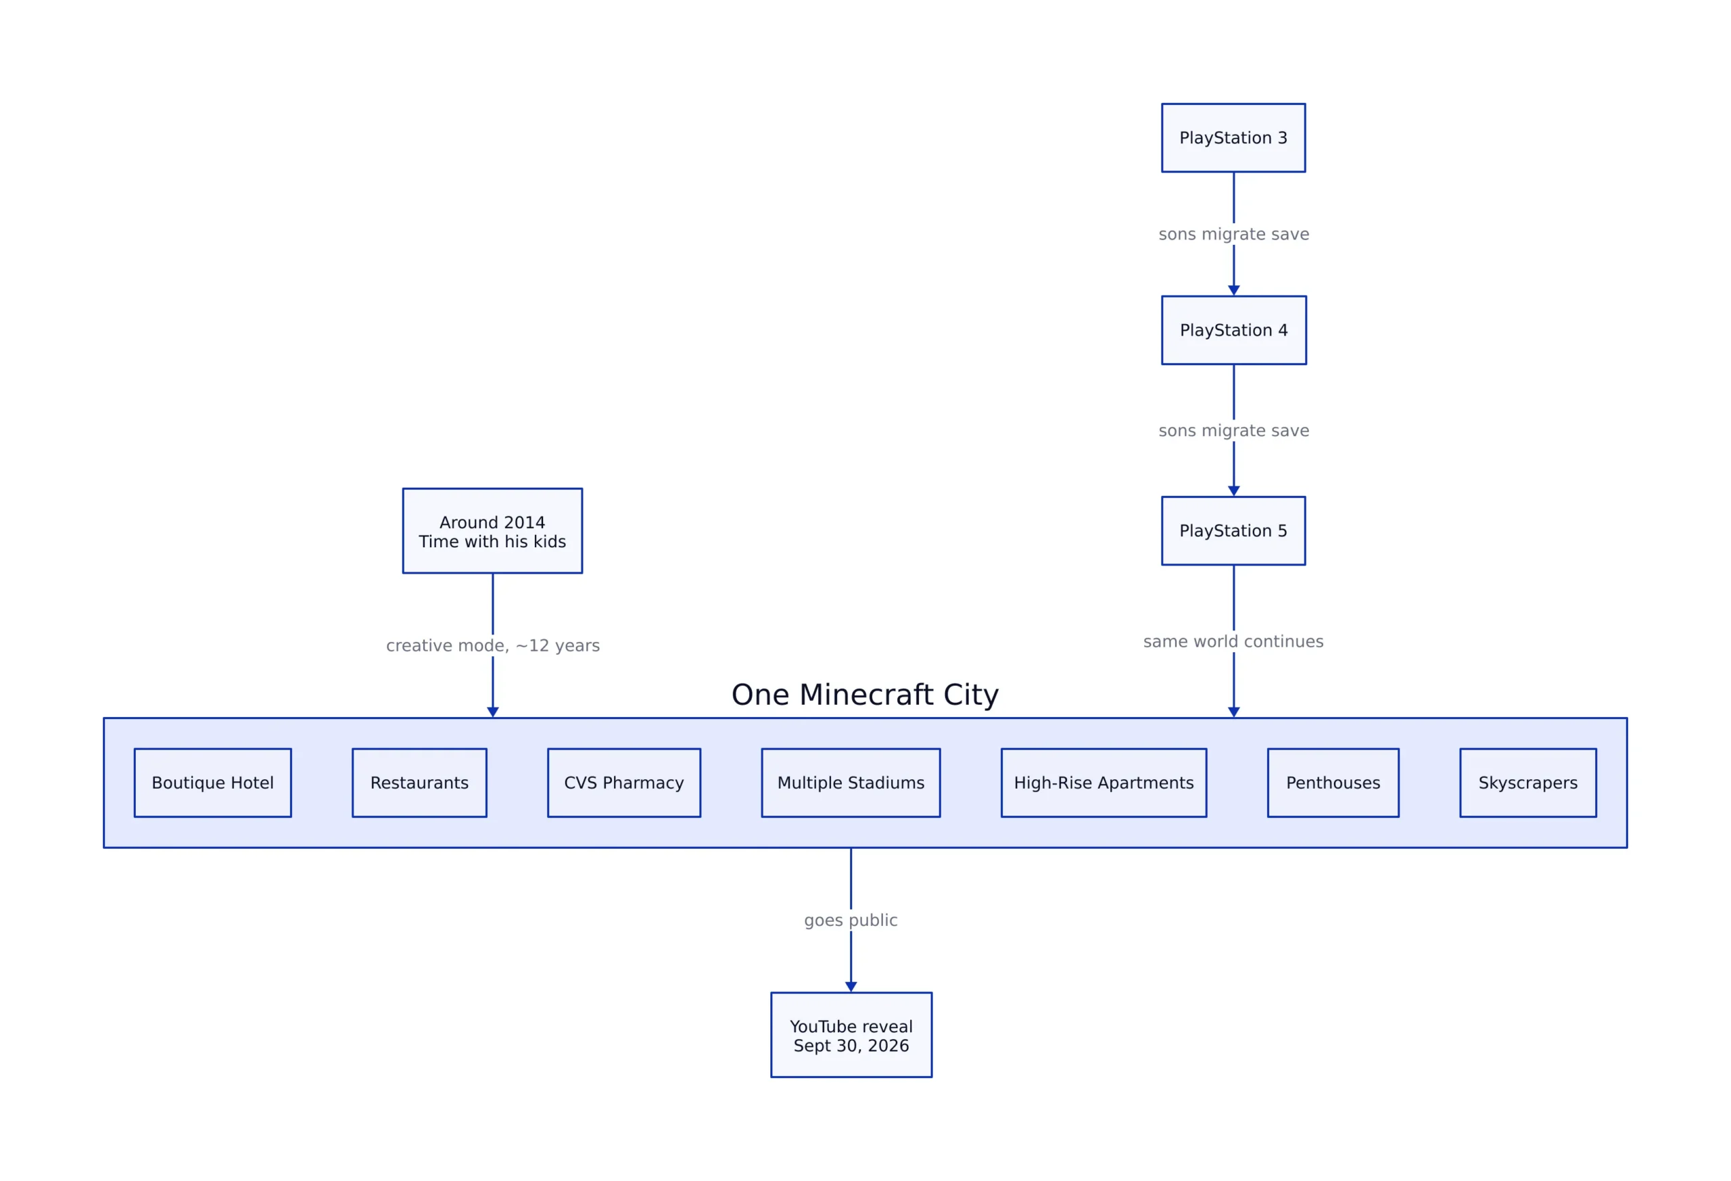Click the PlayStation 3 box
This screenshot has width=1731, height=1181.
tap(1233, 138)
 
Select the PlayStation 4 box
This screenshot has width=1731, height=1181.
tap(1233, 330)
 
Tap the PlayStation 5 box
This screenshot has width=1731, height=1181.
tap(1233, 530)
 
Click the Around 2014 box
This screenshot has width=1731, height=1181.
tap(492, 530)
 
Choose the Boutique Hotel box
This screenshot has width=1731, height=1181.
tap(213, 783)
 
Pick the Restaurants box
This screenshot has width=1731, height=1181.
tap(419, 783)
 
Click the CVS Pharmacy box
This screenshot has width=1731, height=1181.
tap(624, 783)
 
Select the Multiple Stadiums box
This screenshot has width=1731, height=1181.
tap(851, 783)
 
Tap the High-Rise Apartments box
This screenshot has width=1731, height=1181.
tap(1104, 783)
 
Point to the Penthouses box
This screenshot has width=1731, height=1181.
tap(1333, 783)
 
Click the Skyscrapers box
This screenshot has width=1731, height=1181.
tap(1528, 783)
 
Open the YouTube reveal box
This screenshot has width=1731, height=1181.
tap(851, 1034)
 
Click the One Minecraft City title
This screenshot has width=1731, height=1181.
tap(865, 695)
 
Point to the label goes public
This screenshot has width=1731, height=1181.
tap(851, 920)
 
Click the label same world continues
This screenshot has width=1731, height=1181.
tap(1233, 641)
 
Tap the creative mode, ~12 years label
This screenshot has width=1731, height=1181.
tap(492, 645)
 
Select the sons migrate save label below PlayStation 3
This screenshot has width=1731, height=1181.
tap(1233, 234)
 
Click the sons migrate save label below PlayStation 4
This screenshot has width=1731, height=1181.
tap(1233, 431)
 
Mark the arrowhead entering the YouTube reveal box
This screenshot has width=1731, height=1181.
tap(851, 986)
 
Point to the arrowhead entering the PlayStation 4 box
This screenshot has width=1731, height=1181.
tap(1233, 291)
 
